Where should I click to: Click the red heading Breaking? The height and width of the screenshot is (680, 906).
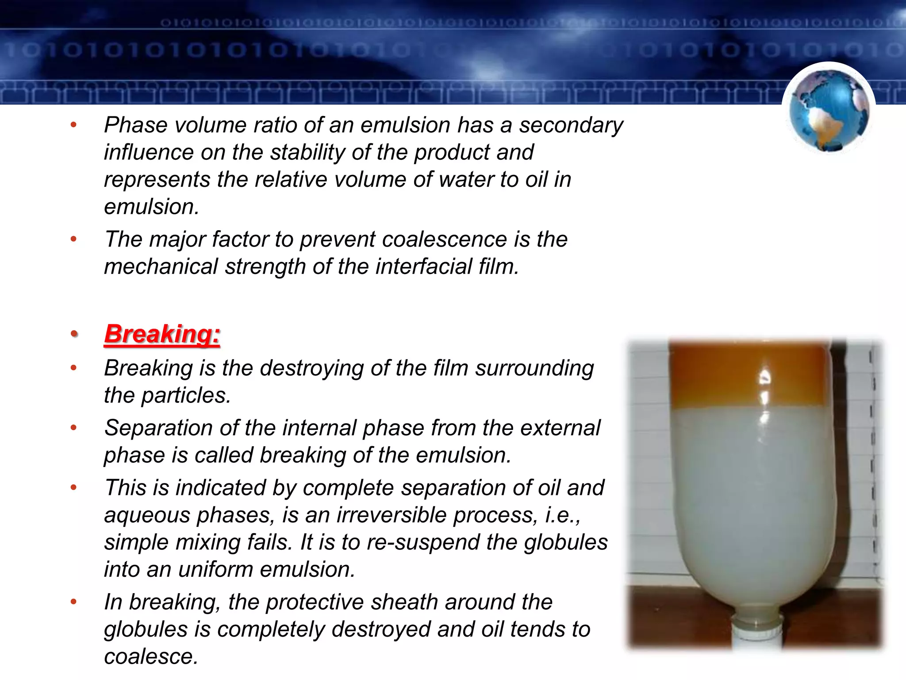pyautogui.click(x=162, y=334)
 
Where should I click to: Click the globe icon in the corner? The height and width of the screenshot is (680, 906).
pyautogui.click(x=829, y=111)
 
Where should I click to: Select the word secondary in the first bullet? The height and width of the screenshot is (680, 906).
pyautogui.click(x=571, y=125)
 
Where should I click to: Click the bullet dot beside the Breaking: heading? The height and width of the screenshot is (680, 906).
pyautogui.click(x=74, y=334)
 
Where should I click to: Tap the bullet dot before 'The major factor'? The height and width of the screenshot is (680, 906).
pyautogui.click(x=74, y=240)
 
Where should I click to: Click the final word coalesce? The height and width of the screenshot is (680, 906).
pyautogui.click(x=151, y=657)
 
